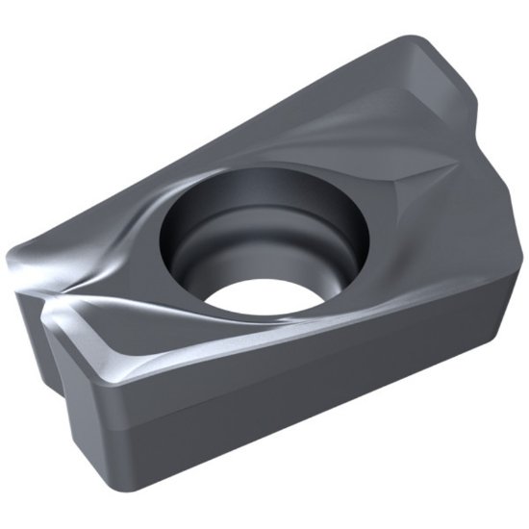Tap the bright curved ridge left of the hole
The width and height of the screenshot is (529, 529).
pyautogui.click(x=125, y=240)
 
